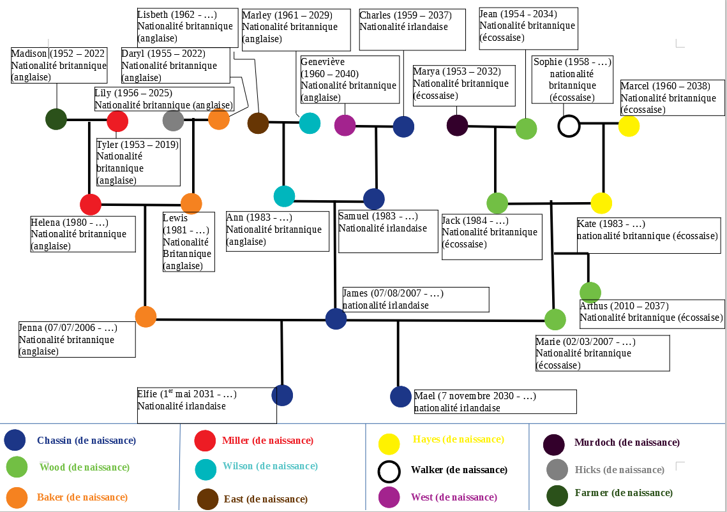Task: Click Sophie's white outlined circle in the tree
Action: (569, 126)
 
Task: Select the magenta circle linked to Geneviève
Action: (345, 125)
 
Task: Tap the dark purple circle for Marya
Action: (458, 125)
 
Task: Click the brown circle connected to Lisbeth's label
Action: (258, 123)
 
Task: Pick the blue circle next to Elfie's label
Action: (282, 395)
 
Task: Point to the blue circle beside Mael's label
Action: (401, 397)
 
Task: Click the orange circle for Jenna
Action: (146, 317)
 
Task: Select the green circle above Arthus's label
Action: (590, 292)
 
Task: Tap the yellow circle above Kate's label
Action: (601, 203)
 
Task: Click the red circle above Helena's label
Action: (91, 205)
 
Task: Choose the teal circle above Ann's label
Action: (284, 196)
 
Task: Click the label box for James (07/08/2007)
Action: (416, 299)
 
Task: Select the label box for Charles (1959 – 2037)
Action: (412, 29)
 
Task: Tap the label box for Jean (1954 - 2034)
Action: (528, 28)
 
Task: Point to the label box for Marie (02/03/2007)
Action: (602, 353)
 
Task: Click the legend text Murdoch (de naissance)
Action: (626, 443)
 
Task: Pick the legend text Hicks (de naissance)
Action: (619, 470)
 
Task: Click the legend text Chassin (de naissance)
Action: (86, 441)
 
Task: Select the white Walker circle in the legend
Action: (389, 471)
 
